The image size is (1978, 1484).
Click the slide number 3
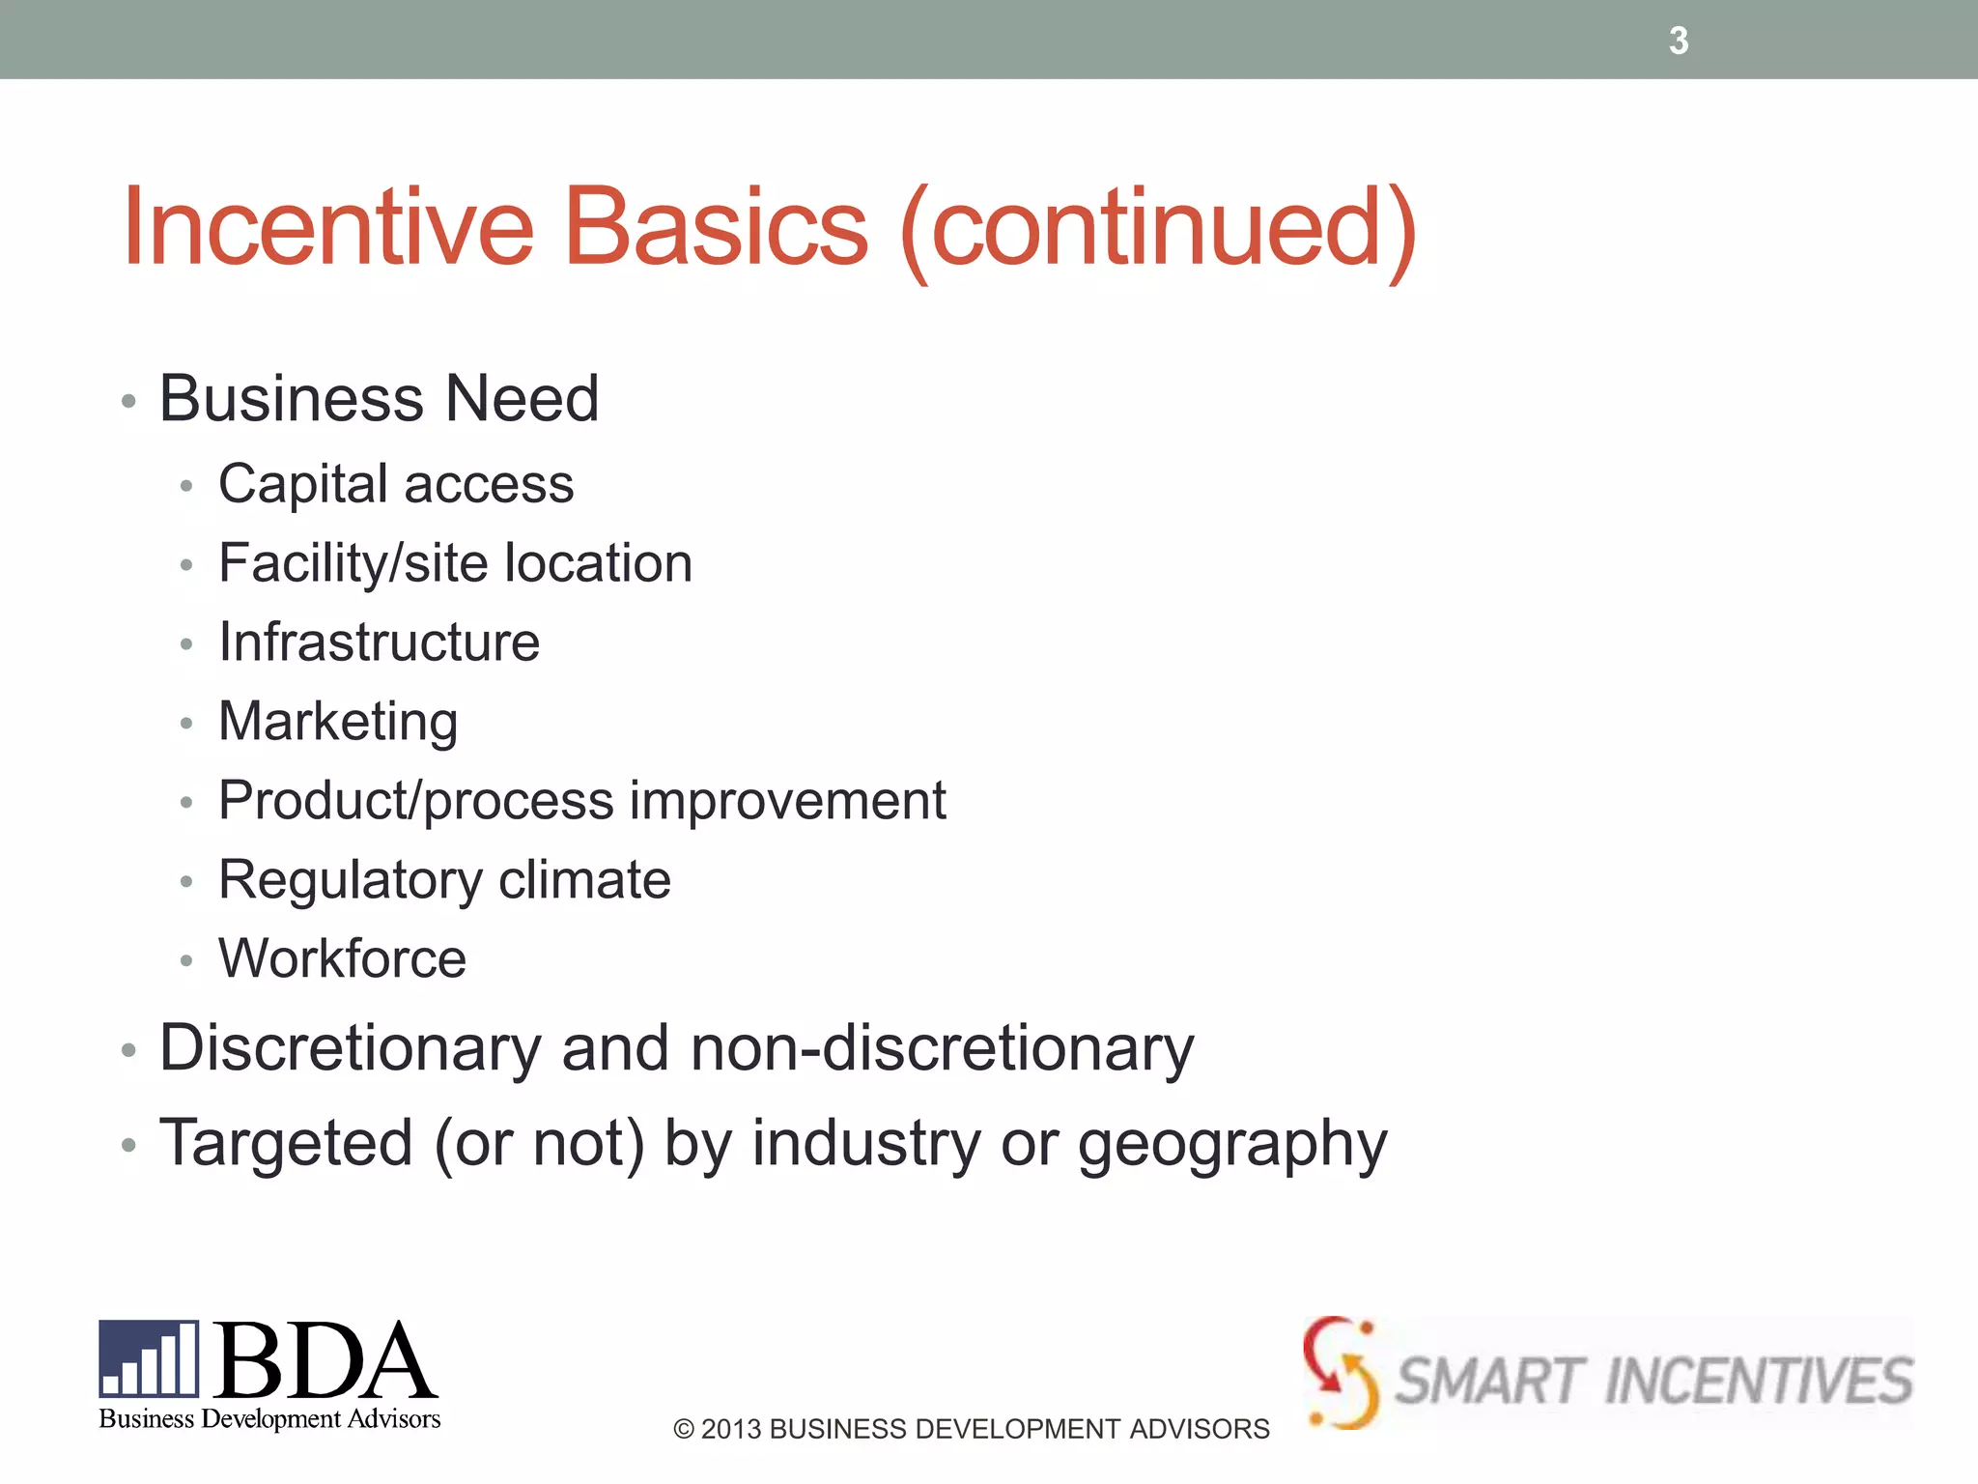click(1679, 41)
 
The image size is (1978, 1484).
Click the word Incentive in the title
click(327, 228)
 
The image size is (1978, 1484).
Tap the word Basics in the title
click(716, 228)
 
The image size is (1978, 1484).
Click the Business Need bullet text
click(379, 398)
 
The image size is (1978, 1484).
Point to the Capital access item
click(396, 483)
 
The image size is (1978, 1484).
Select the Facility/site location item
click(455, 563)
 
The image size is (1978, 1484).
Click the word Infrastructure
click(379, 642)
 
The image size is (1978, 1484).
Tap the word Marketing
click(338, 722)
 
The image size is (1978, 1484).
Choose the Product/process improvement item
click(581, 801)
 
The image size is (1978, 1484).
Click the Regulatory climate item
click(444, 880)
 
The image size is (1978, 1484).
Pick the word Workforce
click(342, 958)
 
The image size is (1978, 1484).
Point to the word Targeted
click(286, 1143)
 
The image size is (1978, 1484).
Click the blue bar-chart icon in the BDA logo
click(149, 1358)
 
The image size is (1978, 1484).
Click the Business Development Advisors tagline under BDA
click(269, 1419)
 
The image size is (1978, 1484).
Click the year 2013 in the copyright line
click(730, 1429)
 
